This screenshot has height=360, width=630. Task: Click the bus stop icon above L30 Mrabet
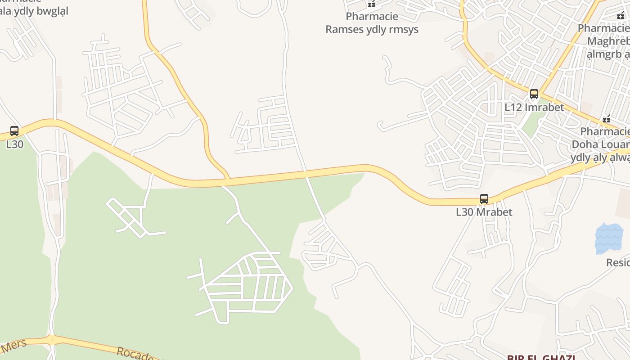point(484,199)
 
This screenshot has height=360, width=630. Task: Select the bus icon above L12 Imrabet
point(534,94)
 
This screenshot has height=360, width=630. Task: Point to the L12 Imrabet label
point(534,108)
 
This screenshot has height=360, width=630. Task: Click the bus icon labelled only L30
point(14,131)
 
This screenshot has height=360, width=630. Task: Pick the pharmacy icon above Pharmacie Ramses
point(372,4)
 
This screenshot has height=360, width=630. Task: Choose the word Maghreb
point(607,41)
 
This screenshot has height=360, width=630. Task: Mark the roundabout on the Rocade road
point(53,340)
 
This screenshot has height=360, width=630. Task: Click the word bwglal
point(52,11)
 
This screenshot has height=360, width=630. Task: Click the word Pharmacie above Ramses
point(372,17)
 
